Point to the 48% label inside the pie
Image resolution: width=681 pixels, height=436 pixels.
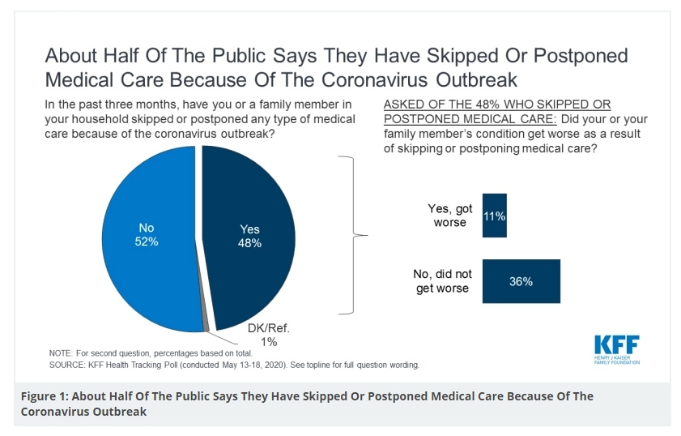tap(249, 243)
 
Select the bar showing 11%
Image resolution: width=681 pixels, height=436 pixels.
tap(494, 216)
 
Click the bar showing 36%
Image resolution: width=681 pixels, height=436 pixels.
tap(521, 281)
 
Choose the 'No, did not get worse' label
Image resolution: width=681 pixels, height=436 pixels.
tap(443, 281)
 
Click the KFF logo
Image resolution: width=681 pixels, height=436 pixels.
tap(616, 344)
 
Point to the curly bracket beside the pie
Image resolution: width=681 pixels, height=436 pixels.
tap(353, 236)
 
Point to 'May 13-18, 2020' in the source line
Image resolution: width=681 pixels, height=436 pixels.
tap(266, 365)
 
